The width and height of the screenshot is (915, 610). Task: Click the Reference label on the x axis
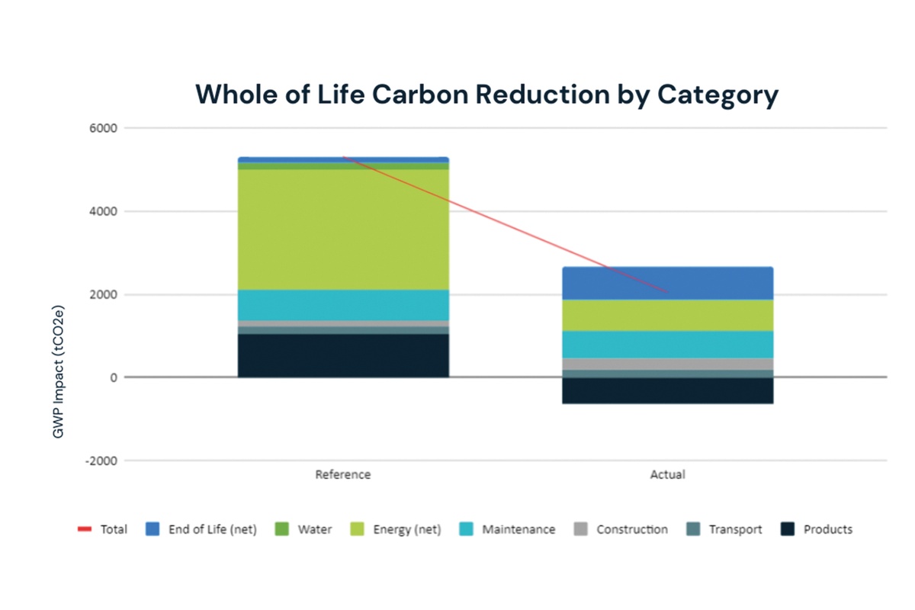click(343, 474)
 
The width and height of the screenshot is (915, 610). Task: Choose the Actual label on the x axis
click(667, 474)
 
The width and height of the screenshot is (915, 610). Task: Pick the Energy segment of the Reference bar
click(343, 229)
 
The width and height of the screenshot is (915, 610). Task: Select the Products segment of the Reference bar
click(343, 355)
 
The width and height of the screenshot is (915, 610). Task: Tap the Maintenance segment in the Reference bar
click(343, 305)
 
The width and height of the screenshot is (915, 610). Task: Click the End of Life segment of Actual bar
click(667, 283)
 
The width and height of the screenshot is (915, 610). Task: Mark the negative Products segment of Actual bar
click(667, 390)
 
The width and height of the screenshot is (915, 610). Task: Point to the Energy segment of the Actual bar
click(667, 315)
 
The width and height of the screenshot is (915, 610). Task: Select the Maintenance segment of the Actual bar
click(667, 344)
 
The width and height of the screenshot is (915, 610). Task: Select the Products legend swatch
click(788, 529)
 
